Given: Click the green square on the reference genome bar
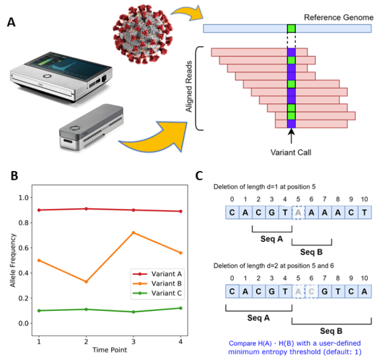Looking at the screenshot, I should [291, 29].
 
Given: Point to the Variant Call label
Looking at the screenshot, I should [291, 153].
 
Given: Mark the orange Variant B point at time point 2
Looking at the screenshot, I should [86, 282].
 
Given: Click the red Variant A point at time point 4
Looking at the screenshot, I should [181, 211].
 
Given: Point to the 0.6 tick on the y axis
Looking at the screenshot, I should [24, 248].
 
